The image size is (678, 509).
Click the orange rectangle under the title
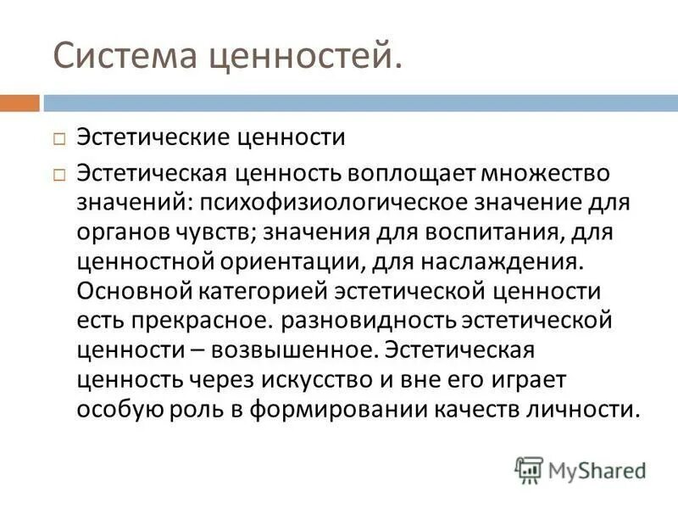(19, 103)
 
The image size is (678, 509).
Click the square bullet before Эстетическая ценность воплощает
(58, 174)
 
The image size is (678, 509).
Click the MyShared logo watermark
(581, 469)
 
